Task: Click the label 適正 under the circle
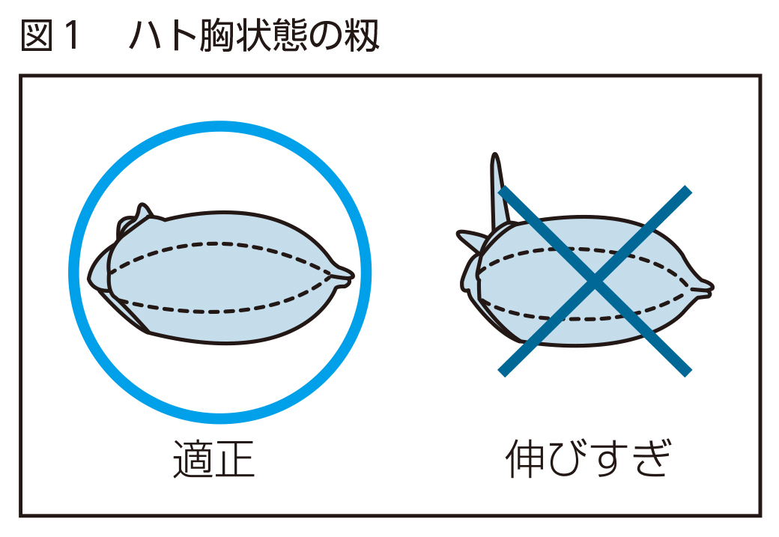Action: (214, 459)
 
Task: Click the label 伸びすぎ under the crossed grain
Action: (589, 458)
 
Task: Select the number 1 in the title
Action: (72, 36)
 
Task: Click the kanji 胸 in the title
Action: (217, 36)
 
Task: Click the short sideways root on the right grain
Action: (472, 238)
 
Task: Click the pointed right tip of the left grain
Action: (352, 275)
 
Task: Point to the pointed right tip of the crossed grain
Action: (712, 287)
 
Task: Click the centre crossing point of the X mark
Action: (595, 281)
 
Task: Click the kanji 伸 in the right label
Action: (525, 458)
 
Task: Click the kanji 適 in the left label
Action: (193, 459)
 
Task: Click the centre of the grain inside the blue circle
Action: (221, 276)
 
